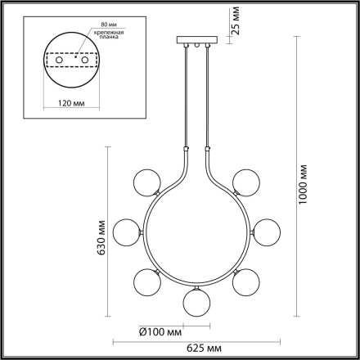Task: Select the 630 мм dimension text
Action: (101, 237)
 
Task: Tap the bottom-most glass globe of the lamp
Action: (195, 300)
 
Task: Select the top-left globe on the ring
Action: (146, 181)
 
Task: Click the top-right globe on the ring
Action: (244, 181)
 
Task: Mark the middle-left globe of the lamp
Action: (127, 232)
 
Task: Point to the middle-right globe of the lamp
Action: (263, 232)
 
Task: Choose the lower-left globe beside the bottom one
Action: (147, 281)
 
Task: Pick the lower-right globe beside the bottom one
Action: (243, 281)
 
